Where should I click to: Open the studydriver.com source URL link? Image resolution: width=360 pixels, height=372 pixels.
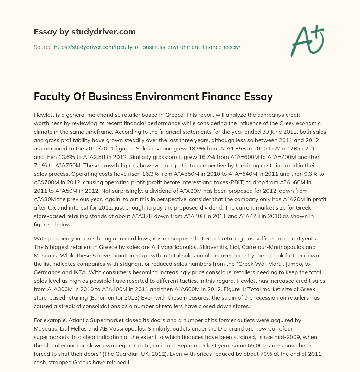coord(147,47)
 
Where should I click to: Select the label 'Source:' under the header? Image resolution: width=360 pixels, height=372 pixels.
coord(43,47)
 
